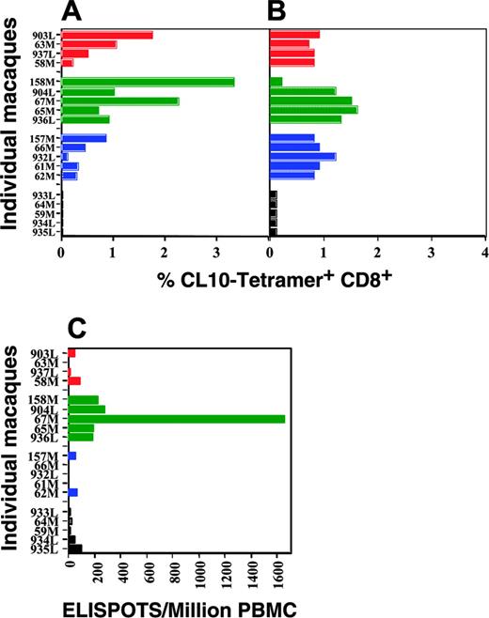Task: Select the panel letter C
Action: (79, 329)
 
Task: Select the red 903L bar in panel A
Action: (106, 35)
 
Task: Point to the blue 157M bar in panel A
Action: (84, 138)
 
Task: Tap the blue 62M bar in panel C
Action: (72, 492)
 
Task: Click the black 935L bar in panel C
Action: (75, 548)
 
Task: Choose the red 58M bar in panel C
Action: (74, 381)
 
